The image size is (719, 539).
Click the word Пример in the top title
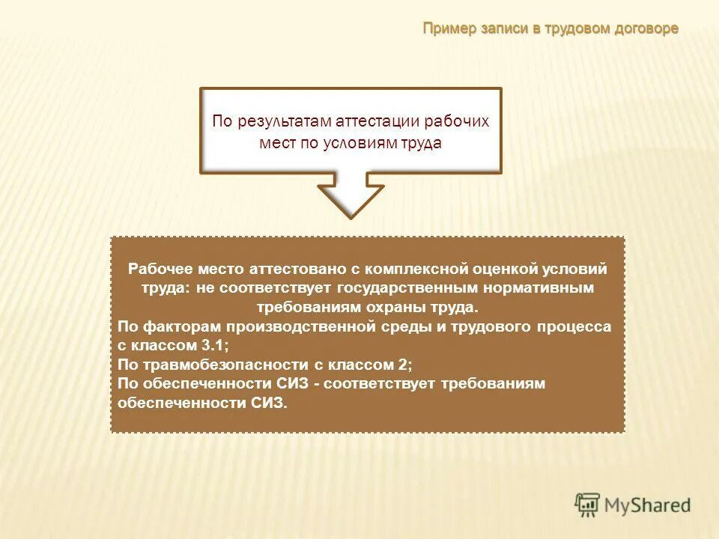(x=449, y=28)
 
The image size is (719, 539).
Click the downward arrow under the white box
(x=350, y=195)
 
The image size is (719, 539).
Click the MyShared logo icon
(x=588, y=505)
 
